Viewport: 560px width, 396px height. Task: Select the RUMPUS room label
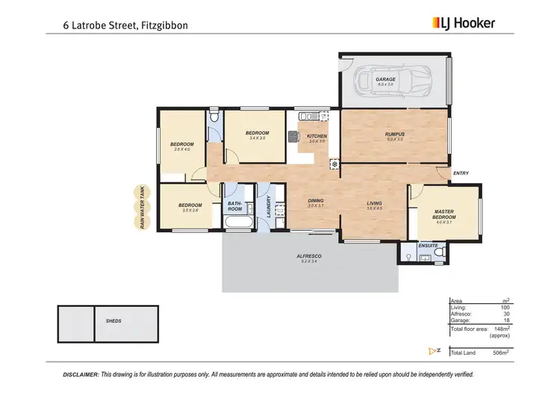(394, 134)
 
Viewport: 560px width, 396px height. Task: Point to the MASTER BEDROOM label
(444, 214)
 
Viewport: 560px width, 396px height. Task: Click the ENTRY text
(461, 174)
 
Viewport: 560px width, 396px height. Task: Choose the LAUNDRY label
(267, 208)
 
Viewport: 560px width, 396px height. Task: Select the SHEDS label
(113, 321)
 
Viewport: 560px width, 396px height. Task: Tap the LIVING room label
(375, 203)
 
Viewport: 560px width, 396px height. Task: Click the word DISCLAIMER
(80, 374)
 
